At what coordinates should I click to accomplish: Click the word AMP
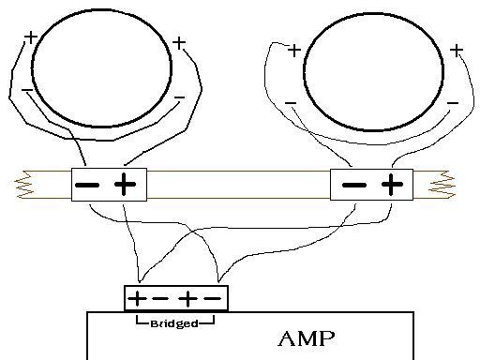[307, 338]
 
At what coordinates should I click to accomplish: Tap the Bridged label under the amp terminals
[174, 323]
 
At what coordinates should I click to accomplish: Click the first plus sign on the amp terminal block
[137, 299]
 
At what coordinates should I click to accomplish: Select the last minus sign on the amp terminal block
[213, 299]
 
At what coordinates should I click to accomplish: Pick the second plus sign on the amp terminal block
[187, 299]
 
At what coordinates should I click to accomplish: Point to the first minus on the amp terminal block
[160, 299]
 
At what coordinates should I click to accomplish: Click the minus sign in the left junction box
[87, 185]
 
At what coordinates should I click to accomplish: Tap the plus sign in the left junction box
[125, 184]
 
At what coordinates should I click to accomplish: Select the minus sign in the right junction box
[354, 185]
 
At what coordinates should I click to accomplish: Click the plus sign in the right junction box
[392, 184]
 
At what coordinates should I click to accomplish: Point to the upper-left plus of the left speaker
[31, 37]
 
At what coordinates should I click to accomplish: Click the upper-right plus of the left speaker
[179, 43]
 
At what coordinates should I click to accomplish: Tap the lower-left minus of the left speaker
[27, 90]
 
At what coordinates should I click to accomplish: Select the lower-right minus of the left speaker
[179, 97]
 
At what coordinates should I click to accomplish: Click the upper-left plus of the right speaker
[294, 51]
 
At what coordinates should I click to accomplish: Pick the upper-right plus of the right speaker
[457, 51]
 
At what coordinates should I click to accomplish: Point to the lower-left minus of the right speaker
[291, 103]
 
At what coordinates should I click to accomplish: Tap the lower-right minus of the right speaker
[453, 103]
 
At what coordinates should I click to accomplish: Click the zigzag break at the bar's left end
[24, 185]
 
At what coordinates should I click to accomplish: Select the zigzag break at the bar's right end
[442, 185]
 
